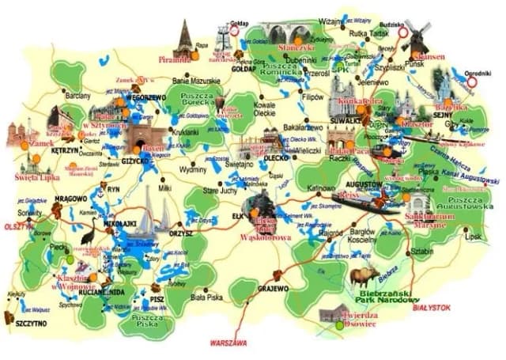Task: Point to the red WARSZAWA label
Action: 228,343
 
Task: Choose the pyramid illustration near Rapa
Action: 185,40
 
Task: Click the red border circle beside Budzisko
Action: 403,33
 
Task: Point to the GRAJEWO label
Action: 274,289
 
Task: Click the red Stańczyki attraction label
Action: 298,47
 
